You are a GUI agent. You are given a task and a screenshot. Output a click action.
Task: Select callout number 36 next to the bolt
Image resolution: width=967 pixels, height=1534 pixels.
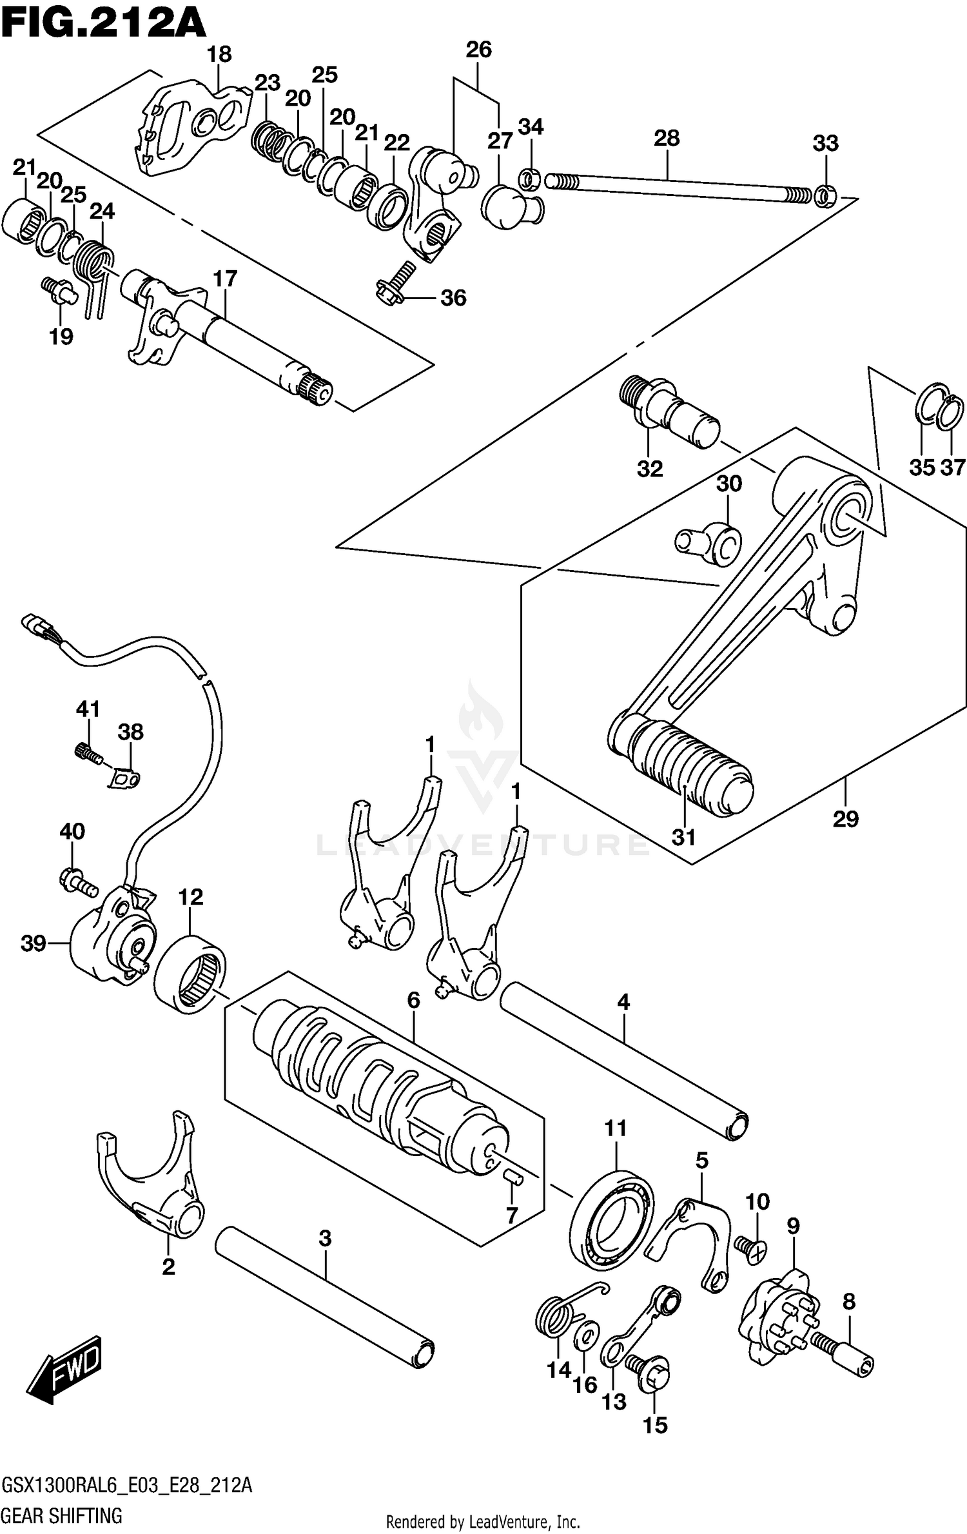click(x=453, y=298)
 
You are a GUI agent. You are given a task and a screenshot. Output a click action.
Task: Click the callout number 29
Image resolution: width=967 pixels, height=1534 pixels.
click(x=845, y=819)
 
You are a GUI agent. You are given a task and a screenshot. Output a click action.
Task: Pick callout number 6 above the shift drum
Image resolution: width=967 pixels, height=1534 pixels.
click(x=413, y=1000)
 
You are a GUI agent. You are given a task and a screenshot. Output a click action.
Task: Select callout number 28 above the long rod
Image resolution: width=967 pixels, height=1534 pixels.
click(x=667, y=138)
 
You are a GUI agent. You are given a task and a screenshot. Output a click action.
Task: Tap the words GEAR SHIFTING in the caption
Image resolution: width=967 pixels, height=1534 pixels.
click(x=63, y=1515)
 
